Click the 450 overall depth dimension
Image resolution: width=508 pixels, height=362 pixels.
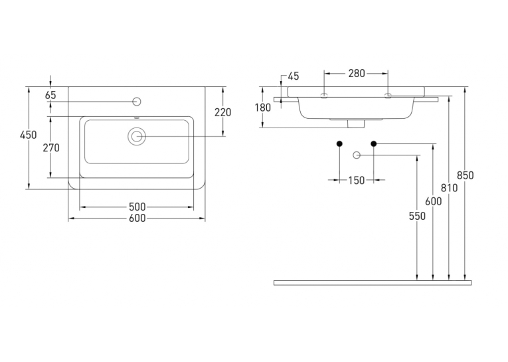coord(28,135)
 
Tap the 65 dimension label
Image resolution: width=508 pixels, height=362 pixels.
coord(50,95)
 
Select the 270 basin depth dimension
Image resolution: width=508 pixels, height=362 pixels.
coord(51,147)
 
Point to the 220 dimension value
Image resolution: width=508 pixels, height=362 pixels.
coord(223,112)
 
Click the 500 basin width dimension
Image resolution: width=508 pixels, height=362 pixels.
coord(137,207)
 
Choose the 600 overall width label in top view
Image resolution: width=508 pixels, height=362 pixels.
coord(137,219)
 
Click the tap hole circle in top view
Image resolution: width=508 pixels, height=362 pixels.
coord(137,102)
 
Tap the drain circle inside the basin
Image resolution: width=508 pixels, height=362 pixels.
coord(137,136)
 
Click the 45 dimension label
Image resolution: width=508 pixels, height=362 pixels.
coord(294,76)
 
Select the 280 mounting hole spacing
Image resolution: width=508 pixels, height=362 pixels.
coord(357,74)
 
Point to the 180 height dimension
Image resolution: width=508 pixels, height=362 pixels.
coord(262,108)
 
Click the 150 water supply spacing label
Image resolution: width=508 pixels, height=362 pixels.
coord(357,180)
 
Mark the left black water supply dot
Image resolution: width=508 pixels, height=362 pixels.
coord(339,143)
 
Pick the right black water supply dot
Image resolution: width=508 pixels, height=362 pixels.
coord(374,143)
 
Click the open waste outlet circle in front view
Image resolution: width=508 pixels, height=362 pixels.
coord(357,155)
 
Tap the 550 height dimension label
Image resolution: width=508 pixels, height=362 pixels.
coord(417,216)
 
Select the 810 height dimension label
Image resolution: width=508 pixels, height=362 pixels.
coord(449,188)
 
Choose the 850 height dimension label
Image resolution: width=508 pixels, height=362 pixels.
coord(466,175)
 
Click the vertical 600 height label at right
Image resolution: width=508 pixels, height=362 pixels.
coord(434,201)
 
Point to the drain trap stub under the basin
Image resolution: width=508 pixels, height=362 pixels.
coord(357,124)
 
